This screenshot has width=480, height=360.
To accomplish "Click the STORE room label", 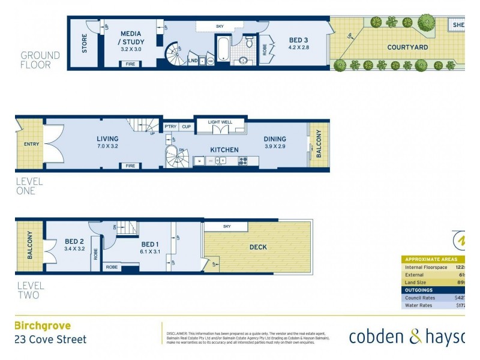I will point(84,43).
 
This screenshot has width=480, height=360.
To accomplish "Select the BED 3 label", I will point(298,40).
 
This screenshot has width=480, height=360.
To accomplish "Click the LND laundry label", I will point(193,61).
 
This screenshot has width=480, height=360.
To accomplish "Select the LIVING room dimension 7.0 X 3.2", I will point(107,146).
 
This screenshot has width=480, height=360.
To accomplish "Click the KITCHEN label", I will point(224,149).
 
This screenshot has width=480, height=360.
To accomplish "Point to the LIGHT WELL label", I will point(221,122).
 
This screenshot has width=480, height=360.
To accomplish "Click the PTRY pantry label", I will point(170,127).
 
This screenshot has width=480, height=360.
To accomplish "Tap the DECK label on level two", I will point(258,247).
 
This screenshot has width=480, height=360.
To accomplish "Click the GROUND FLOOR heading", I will point(40,59).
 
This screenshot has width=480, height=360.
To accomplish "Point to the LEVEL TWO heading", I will point(30,290).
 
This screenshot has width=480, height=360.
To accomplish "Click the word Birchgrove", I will point(43,326).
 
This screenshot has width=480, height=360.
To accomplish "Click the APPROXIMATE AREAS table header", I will point(431,259).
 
